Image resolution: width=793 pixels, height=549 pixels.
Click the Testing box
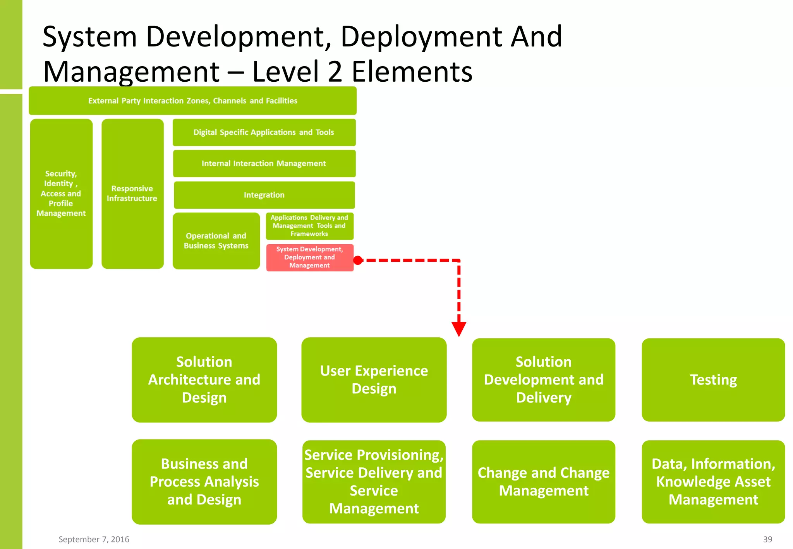pos(713,380)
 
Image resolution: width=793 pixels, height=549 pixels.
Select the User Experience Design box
pos(374,380)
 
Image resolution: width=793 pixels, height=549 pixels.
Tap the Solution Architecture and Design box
pos(204,380)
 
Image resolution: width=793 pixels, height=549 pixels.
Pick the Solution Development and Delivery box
pos(543,380)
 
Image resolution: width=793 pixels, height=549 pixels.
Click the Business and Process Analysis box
pos(204,482)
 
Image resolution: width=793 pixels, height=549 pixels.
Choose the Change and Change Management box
pos(543,482)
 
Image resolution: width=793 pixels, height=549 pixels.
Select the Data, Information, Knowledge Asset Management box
pos(713,482)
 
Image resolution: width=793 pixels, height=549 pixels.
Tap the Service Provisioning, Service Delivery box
pos(374,482)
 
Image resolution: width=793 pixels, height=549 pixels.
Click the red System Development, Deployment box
pos(310,257)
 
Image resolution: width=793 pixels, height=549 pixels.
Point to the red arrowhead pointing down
pos(459,329)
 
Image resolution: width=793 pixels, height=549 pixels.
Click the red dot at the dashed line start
pos(358,261)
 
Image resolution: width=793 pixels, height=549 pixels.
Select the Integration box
pos(264,195)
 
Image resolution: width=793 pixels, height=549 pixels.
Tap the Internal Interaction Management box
pos(264,163)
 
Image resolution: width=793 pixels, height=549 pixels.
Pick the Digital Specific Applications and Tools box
pos(264,132)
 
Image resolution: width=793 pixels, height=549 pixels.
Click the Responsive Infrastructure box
pos(132,194)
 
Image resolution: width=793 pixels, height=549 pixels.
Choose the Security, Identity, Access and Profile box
pos(61,194)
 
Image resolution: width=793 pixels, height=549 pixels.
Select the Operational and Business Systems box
pos(216,241)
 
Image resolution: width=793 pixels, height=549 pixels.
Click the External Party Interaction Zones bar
pos(192,101)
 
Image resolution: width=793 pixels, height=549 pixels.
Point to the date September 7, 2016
pos(94,539)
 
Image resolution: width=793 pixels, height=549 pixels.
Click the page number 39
pos(767,539)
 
